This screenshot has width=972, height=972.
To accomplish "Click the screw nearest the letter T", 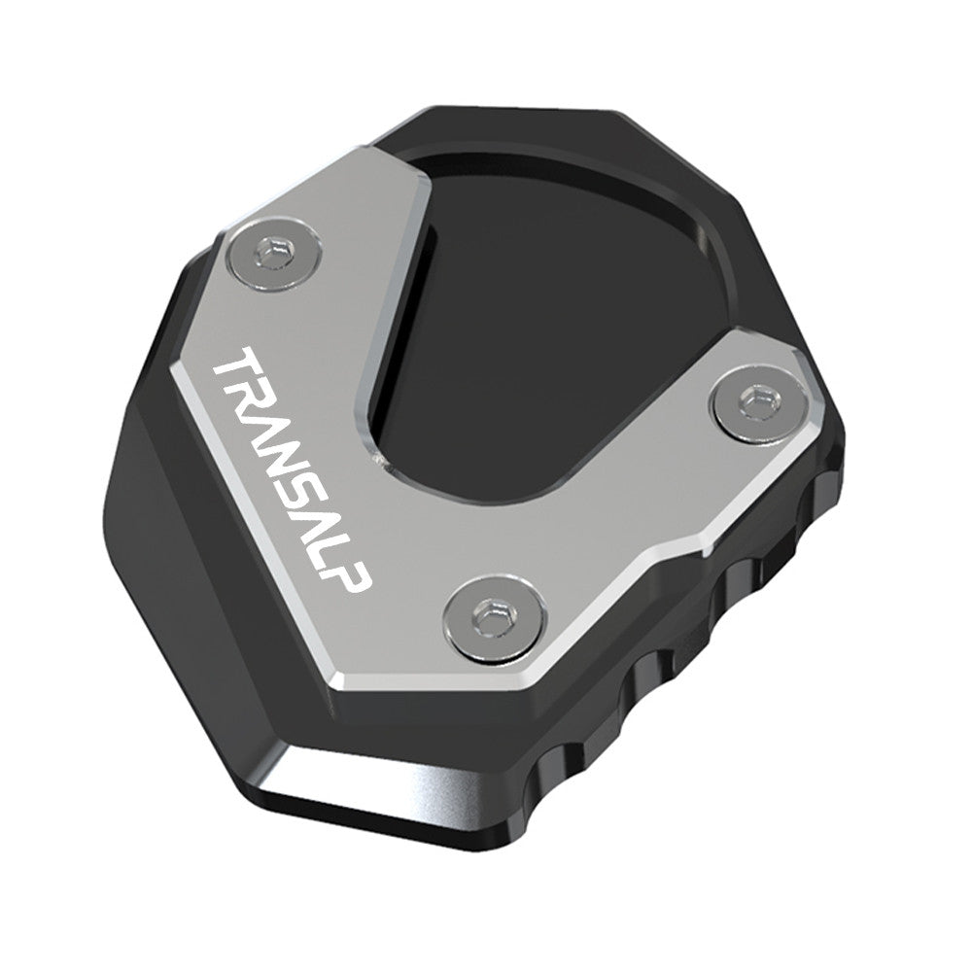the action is (x=277, y=256).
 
